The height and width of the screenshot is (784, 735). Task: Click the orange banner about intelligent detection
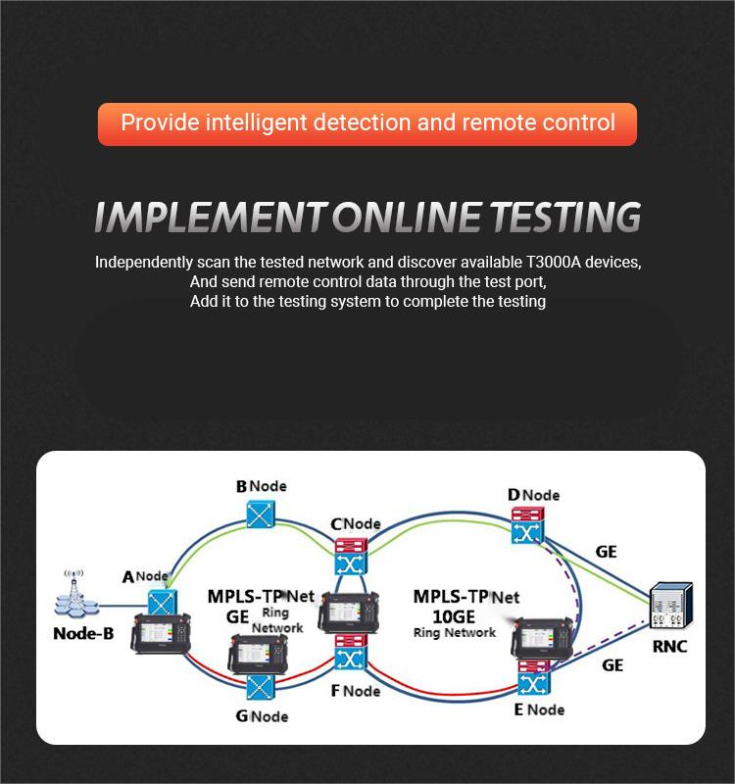pyautogui.click(x=367, y=123)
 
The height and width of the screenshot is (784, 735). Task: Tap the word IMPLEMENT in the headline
pyautogui.click(x=211, y=217)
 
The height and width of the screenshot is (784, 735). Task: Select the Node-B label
pyautogui.click(x=83, y=633)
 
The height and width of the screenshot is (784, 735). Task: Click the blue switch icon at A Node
pyautogui.click(x=160, y=600)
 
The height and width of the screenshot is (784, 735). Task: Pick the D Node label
pyautogui.click(x=533, y=496)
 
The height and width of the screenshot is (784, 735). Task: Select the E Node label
pyautogui.click(x=539, y=708)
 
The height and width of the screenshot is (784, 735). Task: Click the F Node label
pyautogui.click(x=355, y=691)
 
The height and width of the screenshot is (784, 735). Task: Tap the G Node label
pyautogui.click(x=262, y=715)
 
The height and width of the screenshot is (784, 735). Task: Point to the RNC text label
pyautogui.click(x=671, y=647)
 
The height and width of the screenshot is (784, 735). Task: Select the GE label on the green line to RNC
pyautogui.click(x=607, y=552)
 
